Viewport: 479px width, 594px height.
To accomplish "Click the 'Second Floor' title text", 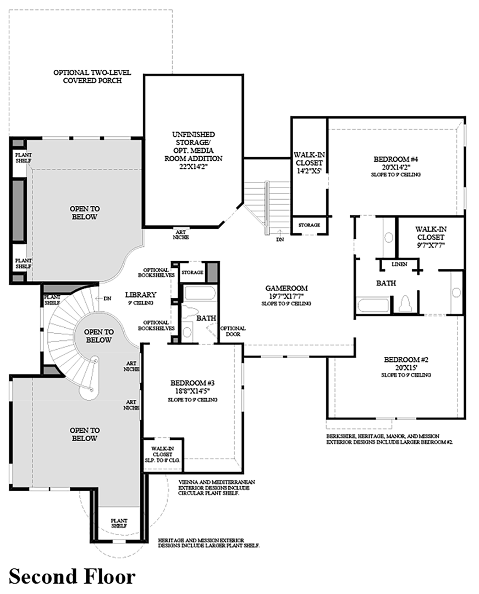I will point(72,577).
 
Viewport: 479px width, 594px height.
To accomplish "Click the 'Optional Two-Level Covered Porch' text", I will point(87,76).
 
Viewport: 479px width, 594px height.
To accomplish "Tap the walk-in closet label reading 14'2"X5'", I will point(308,163).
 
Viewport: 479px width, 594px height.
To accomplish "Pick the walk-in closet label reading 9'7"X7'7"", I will point(430,237).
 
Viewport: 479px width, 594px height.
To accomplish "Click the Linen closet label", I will point(399,265).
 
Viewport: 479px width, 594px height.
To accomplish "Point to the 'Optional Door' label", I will point(233,332).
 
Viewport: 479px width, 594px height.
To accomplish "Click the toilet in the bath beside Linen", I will point(406,304).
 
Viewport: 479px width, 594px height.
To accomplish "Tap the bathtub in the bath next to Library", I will point(199,293).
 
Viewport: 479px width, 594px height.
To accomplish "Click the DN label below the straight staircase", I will point(280,240).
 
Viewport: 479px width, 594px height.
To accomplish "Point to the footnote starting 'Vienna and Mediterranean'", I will point(217,487).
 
